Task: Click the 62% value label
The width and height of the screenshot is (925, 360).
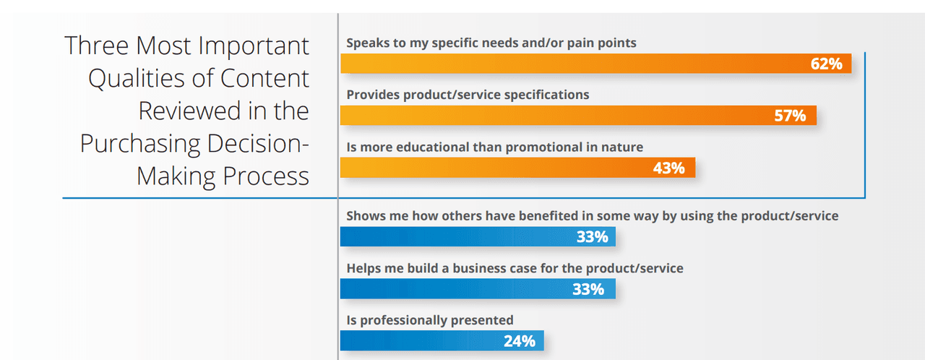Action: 827,64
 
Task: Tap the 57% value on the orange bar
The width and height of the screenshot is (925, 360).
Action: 790,116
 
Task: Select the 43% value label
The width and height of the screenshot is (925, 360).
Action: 668,168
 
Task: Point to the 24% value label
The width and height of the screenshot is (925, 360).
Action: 520,340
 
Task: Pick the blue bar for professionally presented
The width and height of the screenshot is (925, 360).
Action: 419,340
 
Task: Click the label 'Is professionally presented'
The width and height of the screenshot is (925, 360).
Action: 430,320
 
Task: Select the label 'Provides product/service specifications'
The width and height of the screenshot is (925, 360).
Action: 468,95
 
